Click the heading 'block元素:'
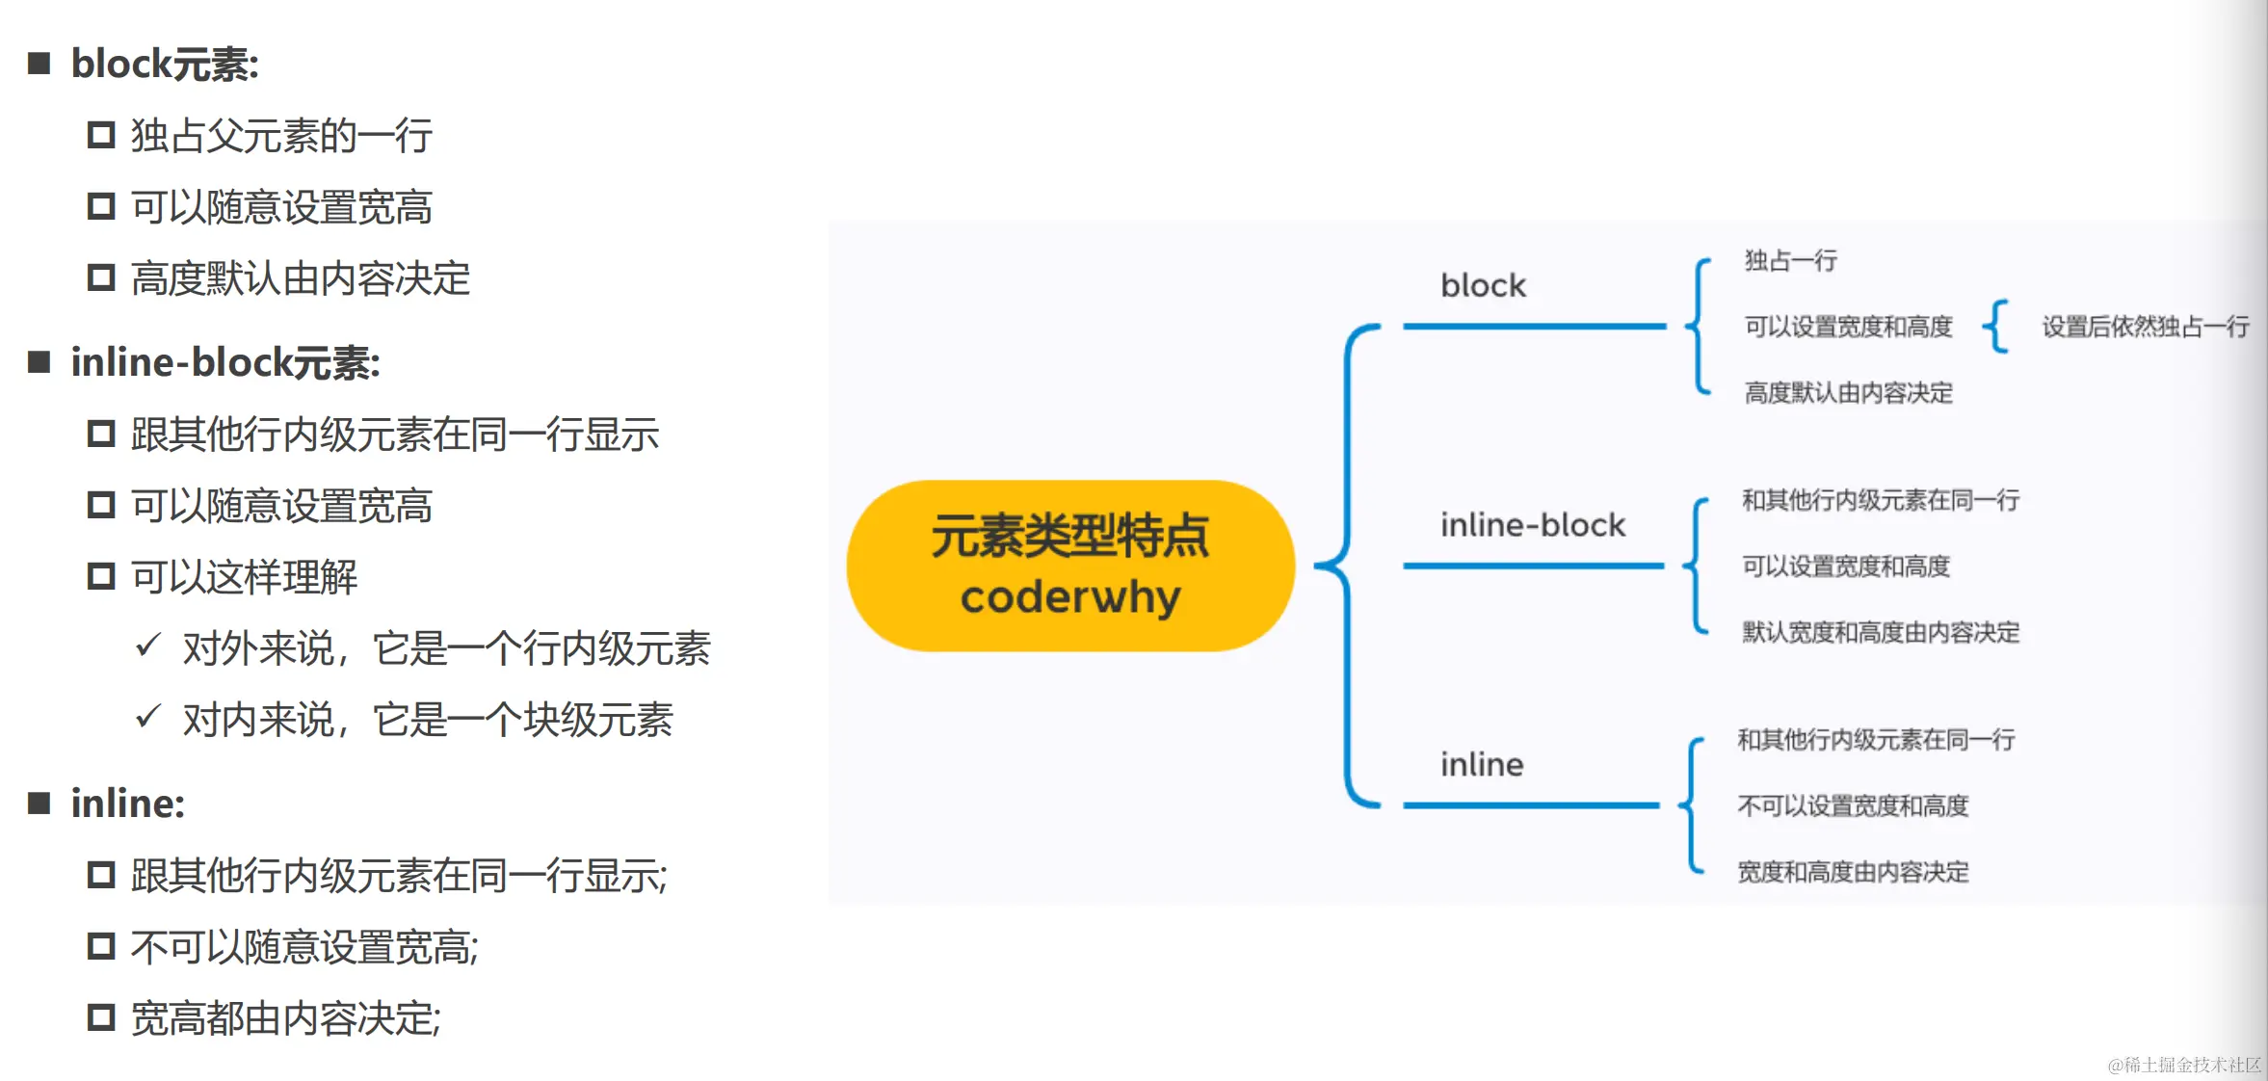pos(165,65)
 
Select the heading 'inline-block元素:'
pos(225,363)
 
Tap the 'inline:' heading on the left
pos(127,804)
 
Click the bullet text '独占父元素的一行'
pos(281,136)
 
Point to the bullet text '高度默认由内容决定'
pos(301,279)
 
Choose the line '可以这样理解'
pos(244,577)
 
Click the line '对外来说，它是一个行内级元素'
pos(446,648)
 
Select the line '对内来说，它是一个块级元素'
pos(428,720)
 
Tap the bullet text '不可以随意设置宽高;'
pos(304,947)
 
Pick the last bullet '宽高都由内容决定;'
pos(286,1018)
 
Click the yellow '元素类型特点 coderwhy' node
pos(1070,567)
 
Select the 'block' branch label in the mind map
pos(1483,286)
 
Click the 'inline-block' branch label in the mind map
pos(1532,525)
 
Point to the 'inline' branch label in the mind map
pos(1482,765)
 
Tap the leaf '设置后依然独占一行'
pos(2146,328)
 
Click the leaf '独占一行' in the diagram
pos(1790,261)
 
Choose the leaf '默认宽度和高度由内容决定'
pos(1880,633)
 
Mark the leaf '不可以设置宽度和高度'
pos(1852,806)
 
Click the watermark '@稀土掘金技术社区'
pos(2183,1065)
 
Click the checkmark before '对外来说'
pos(147,645)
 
